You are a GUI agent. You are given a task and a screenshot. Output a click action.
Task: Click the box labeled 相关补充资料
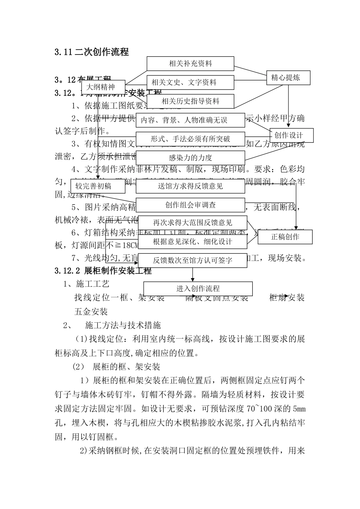tap(190, 64)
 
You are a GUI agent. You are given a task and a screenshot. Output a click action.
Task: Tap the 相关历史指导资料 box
tap(190, 101)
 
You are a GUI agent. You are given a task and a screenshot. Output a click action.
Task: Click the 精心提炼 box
tap(288, 78)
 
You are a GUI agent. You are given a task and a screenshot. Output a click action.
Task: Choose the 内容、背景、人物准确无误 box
tap(190, 120)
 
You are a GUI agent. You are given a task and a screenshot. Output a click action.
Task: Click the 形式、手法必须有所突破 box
tap(190, 139)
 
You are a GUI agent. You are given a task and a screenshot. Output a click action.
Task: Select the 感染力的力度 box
tap(190, 158)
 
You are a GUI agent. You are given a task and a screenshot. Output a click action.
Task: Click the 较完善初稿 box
tap(97, 186)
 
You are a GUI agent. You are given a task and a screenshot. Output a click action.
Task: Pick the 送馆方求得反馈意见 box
tap(190, 186)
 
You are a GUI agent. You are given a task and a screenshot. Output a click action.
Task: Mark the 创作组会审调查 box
tap(190, 205)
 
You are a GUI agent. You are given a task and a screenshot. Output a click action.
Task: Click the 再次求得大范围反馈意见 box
tap(193, 223)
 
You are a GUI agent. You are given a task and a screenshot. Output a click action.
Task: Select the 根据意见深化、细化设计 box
tap(193, 242)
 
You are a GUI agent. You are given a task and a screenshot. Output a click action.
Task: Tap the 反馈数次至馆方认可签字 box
tap(193, 261)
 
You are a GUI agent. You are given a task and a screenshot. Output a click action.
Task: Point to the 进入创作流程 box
tap(198, 289)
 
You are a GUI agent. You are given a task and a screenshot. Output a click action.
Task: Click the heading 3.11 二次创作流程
tap(91, 52)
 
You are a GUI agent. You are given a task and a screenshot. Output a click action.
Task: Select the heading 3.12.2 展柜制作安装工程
tap(103, 271)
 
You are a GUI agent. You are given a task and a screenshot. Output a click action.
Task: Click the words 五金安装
tap(91, 311)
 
